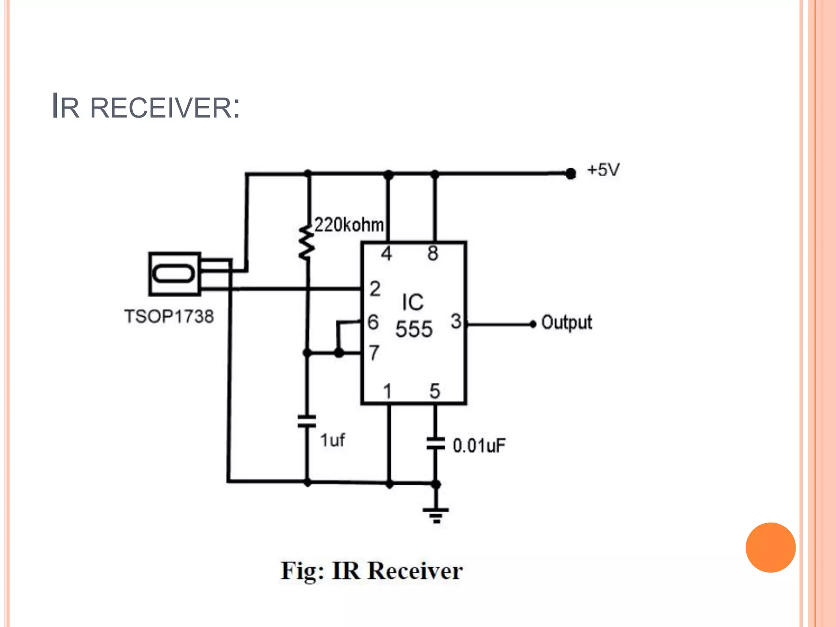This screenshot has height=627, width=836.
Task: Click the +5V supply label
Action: (603, 170)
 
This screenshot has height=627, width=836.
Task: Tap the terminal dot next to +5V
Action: (570, 173)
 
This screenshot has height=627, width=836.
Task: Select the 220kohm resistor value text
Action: (349, 225)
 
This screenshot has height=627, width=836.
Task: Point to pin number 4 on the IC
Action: (386, 253)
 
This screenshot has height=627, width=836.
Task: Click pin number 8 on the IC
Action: (433, 253)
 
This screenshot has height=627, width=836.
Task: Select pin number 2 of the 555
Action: (375, 289)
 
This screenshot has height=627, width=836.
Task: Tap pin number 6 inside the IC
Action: (373, 322)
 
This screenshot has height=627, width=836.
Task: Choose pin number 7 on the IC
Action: (374, 352)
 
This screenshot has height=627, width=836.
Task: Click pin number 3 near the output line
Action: (456, 321)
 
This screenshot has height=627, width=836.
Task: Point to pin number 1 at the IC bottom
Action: (387, 391)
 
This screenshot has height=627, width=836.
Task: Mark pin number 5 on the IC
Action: (434, 391)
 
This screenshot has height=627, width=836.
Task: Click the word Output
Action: (566, 322)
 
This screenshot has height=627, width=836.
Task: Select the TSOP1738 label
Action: (169, 316)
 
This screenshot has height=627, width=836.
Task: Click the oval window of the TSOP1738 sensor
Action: (173, 273)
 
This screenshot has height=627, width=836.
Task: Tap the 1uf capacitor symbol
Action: (307, 421)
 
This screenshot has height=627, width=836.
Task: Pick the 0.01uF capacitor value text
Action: (479, 445)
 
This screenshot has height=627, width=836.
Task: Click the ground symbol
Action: (436, 515)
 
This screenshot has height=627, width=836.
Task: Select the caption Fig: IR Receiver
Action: (371, 571)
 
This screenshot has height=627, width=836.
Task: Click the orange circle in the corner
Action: (770, 547)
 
